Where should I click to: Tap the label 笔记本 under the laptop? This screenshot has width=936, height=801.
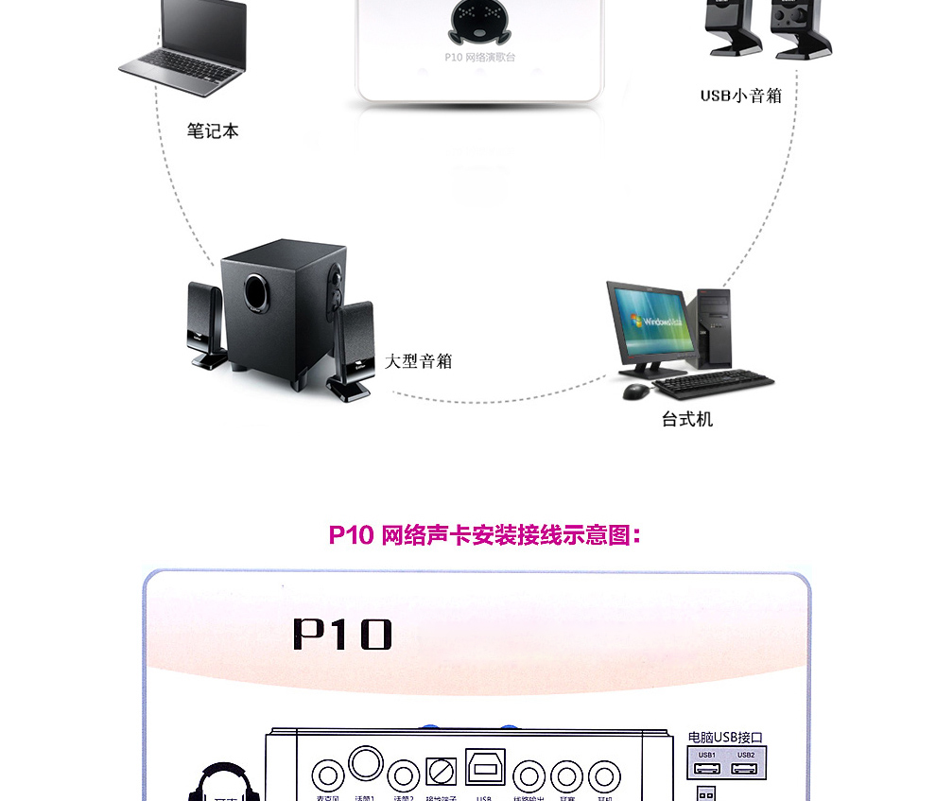tap(213, 131)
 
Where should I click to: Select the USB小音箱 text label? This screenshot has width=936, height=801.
tap(740, 95)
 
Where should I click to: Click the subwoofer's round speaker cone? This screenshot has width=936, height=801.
tap(257, 291)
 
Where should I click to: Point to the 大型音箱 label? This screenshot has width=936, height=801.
tap(419, 360)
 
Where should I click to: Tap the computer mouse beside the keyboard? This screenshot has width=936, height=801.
tap(636, 391)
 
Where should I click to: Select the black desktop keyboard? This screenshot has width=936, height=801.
tap(714, 384)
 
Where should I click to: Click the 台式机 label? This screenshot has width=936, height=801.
tap(687, 419)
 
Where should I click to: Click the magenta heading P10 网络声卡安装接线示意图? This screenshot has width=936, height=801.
tap(485, 535)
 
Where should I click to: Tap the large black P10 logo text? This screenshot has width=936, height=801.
tap(342, 635)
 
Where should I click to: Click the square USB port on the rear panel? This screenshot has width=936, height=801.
tap(485, 767)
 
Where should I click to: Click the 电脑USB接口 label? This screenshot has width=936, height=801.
tap(725, 737)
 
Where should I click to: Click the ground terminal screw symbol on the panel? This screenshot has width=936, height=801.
tap(440, 772)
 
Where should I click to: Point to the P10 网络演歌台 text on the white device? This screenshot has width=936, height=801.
tap(480, 58)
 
